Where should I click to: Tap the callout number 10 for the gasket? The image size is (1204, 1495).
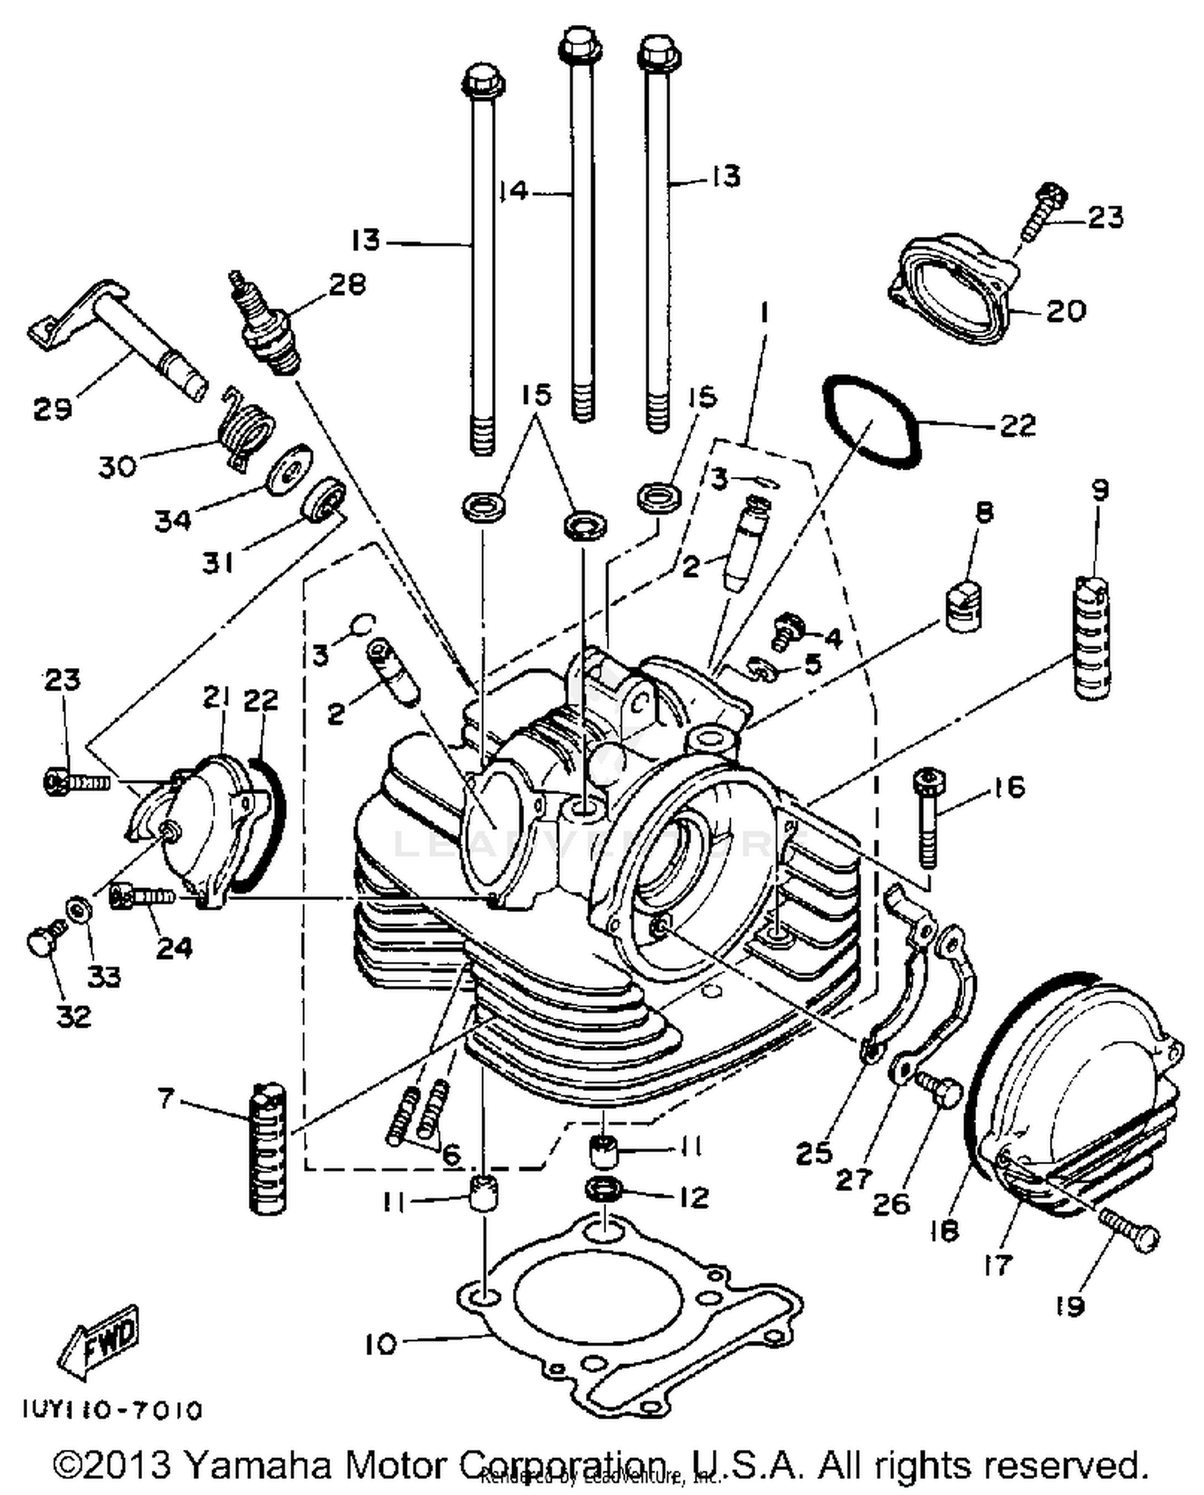click(x=380, y=1344)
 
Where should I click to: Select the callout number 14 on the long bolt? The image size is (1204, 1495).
click(x=513, y=191)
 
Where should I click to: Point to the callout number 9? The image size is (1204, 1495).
click(x=1100, y=490)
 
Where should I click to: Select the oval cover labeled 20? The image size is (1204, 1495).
click(x=952, y=289)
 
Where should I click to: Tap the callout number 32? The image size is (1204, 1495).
click(x=73, y=1016)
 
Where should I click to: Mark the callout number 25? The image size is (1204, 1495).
click(x=814, y=1154)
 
